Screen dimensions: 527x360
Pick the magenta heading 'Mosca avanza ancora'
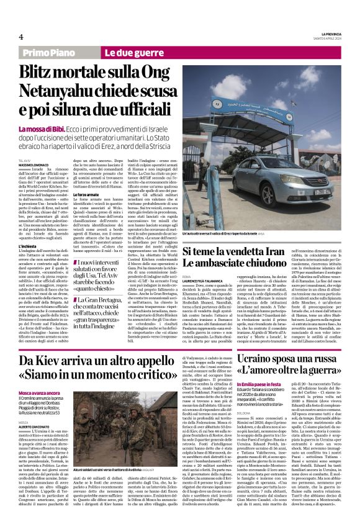[38, 394]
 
